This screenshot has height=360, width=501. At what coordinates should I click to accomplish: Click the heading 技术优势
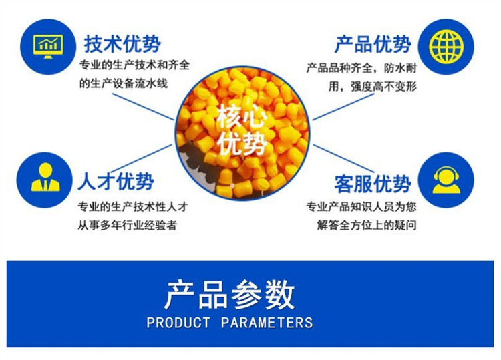[122, 44]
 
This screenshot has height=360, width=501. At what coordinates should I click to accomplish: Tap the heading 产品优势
[373, 44]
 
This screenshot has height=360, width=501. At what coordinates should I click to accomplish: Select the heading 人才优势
[116, 182]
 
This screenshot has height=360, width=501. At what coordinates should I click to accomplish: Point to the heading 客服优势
[373, 184]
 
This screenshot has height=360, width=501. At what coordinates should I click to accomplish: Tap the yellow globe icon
[446, 47]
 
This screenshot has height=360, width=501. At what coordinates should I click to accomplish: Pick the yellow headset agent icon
[446, 180]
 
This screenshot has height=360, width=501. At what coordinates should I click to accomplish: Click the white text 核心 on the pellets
[242, 115]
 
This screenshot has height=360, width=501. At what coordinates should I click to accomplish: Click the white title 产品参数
[229, 294]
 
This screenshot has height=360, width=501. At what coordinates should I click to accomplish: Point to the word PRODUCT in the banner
[178, 323]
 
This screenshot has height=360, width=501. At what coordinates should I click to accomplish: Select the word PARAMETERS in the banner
[267, 323]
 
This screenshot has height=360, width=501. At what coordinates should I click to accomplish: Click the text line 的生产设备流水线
[124, 83]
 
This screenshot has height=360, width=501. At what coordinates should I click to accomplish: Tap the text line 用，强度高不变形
[373, 86]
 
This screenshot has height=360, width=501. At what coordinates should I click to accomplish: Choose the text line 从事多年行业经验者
[127, 225]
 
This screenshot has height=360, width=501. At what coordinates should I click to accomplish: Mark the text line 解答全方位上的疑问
[367, 225]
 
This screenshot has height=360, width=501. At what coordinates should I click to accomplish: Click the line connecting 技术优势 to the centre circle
[144, 107]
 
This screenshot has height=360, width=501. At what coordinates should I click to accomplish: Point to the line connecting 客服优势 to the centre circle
[343, 159]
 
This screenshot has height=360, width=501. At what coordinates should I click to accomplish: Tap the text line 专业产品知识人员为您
[361, 206]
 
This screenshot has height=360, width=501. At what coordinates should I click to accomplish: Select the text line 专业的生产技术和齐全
[134, 65]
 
